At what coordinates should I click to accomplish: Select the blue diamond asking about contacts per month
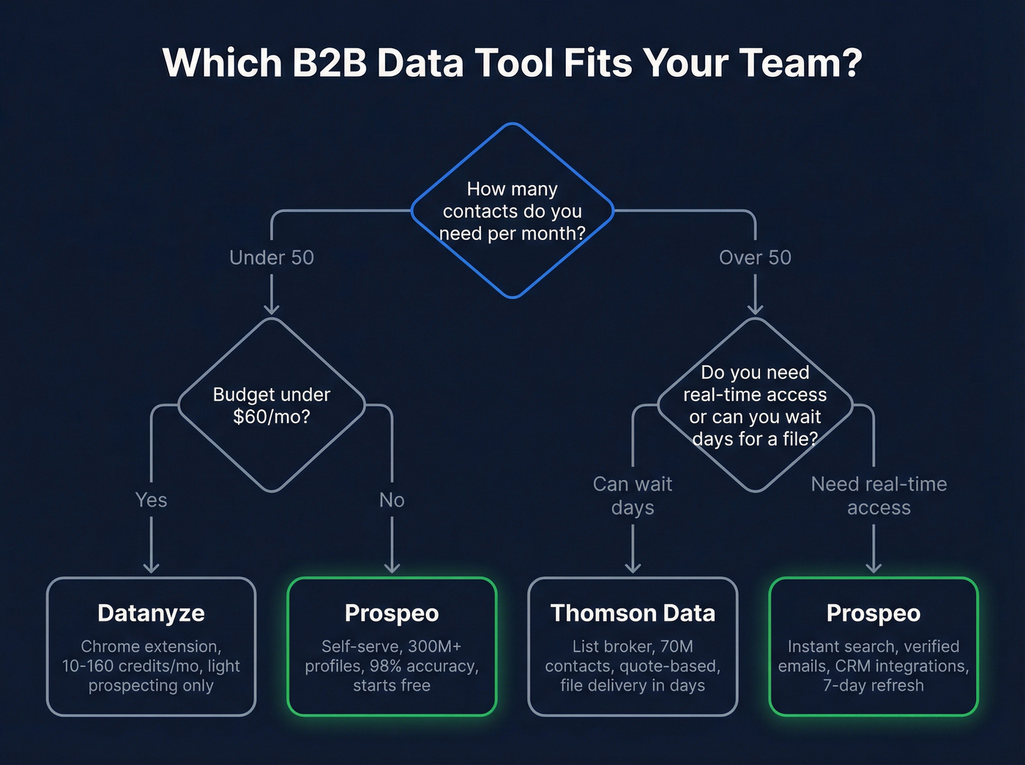512,211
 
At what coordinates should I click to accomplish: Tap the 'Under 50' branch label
272,258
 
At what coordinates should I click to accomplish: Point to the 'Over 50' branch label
755,258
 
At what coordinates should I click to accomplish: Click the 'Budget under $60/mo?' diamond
272,406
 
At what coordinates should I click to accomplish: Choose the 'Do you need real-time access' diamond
755,406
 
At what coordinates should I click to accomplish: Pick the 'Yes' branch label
151,500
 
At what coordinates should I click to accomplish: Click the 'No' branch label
392,500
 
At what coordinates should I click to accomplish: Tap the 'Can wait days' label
633,496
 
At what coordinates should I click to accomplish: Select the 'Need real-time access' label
879,496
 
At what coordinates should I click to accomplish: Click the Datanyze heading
151,613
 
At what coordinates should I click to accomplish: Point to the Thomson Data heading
633,613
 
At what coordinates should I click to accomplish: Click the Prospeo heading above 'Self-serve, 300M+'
392,613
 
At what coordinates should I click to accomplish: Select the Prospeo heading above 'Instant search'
873,613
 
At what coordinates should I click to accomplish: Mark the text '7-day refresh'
873,686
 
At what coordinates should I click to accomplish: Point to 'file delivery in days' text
633,686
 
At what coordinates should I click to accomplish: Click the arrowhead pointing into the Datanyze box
151,567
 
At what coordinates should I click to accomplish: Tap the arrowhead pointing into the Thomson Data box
633,567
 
